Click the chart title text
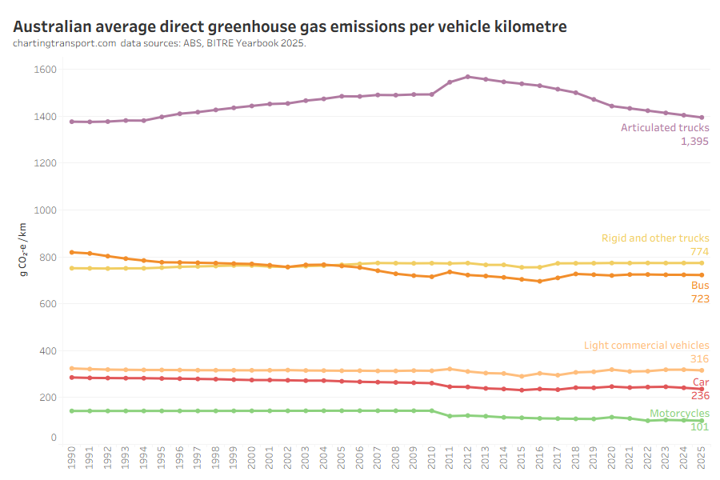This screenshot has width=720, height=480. (x=290, y=26)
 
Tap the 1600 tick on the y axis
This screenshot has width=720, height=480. (x=46, y=70)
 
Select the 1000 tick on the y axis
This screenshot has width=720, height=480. (x=46, y=210)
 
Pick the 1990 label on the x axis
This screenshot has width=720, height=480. (x=73, y=458)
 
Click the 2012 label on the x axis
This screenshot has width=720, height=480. (x=468, y=458)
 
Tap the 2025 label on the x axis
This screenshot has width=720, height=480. (x=702, y=458)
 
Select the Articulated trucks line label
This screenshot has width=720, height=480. (x=665, y=127)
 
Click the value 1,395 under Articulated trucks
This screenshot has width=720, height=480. (x=694, y=141)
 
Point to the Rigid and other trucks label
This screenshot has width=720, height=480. (x=655, y=238)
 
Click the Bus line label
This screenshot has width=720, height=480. (x=699, y=285)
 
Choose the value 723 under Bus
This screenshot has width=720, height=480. (x=699, y=298)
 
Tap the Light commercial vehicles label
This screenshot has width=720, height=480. (x=646, y=346)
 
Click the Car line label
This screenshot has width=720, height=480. (x=700, y=382)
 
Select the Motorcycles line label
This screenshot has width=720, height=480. (x=679, y=413)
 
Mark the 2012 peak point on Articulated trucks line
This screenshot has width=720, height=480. (x=468, y=77)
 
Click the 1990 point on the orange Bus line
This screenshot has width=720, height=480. (x=73, y=252)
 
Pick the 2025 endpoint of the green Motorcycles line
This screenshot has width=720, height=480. (x=702, y=421)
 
